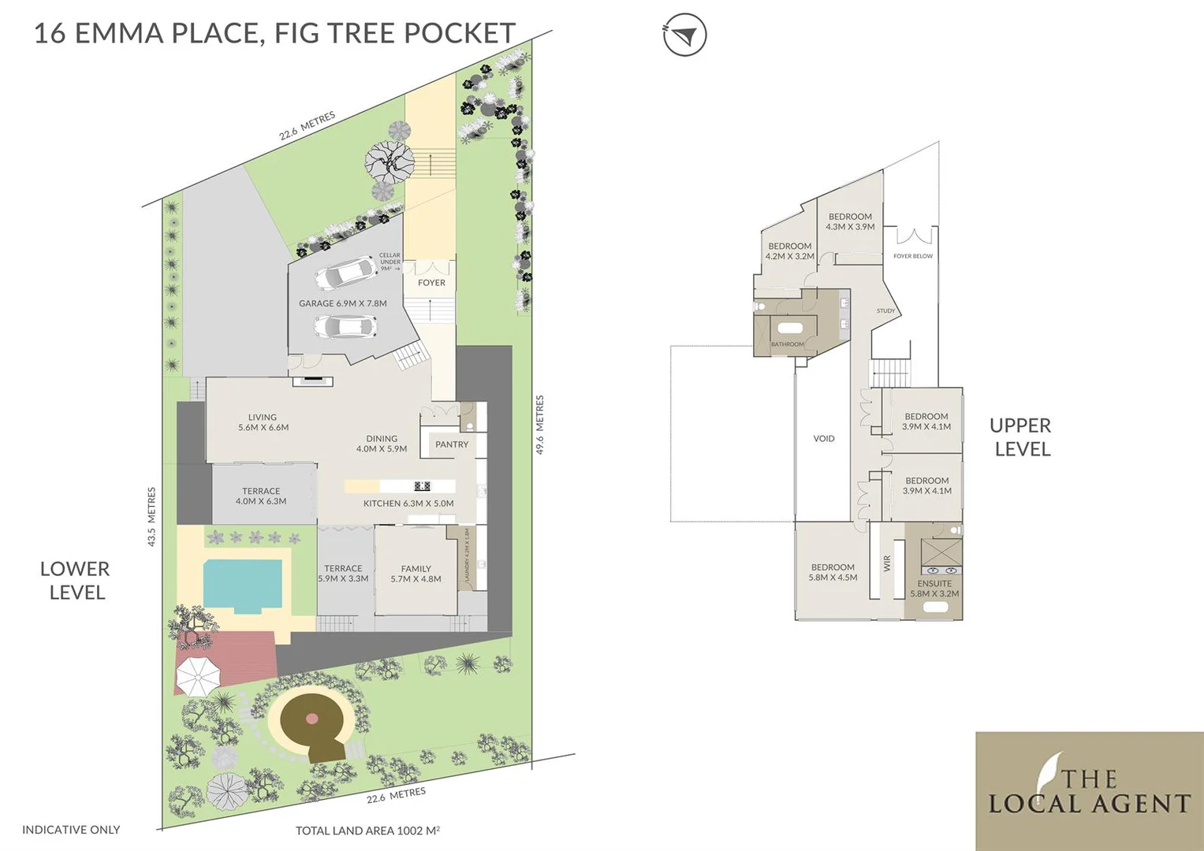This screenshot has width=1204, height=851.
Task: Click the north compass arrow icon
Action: (x=684, y=35)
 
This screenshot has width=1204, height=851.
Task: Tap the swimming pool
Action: (x=243, y=585)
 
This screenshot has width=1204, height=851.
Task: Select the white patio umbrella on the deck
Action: (x=196, y=675)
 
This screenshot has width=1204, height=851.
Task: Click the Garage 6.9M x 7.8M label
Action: (x=342, y=303)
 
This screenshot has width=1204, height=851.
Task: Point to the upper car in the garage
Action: (x=345, y=273)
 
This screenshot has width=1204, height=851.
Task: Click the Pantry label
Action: (x=452, y=444)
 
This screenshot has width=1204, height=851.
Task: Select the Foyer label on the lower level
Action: (x=431, y=283)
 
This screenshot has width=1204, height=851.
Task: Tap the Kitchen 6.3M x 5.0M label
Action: (x=408, y=504)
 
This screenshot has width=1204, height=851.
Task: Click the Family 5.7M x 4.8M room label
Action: (x=416, y=574)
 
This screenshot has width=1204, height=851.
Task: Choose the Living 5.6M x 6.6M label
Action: (x=263, y=422)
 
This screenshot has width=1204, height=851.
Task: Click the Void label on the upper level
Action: (x=823, y=439)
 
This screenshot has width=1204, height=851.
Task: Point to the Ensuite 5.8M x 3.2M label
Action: (x=934, y=589)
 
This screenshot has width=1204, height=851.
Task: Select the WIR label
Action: (x=887, y=563)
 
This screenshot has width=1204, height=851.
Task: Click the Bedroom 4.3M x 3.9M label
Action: (x=850, y=221)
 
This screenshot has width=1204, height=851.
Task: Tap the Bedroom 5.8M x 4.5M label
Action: (x=833, y=572)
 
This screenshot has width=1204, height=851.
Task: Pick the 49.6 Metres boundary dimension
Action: (x=540, y=425)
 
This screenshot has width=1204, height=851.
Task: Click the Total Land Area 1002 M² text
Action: (x=367, y=831)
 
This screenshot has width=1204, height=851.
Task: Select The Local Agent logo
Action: (x=1089, y=791)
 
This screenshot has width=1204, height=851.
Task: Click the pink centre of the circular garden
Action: (x=312, y=719)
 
